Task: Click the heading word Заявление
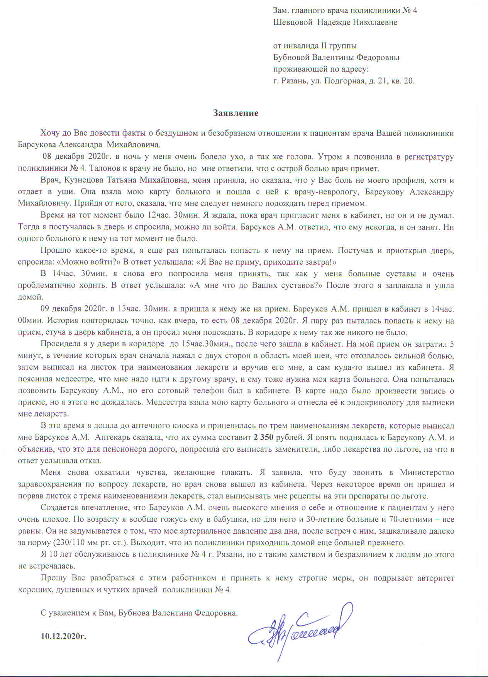[x=236, y=113]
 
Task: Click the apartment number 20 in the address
[x=408, y=81]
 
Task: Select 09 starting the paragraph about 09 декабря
[x=46, y=309]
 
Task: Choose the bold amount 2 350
[x=265, y=438]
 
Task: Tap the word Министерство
[x=427, y=473]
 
